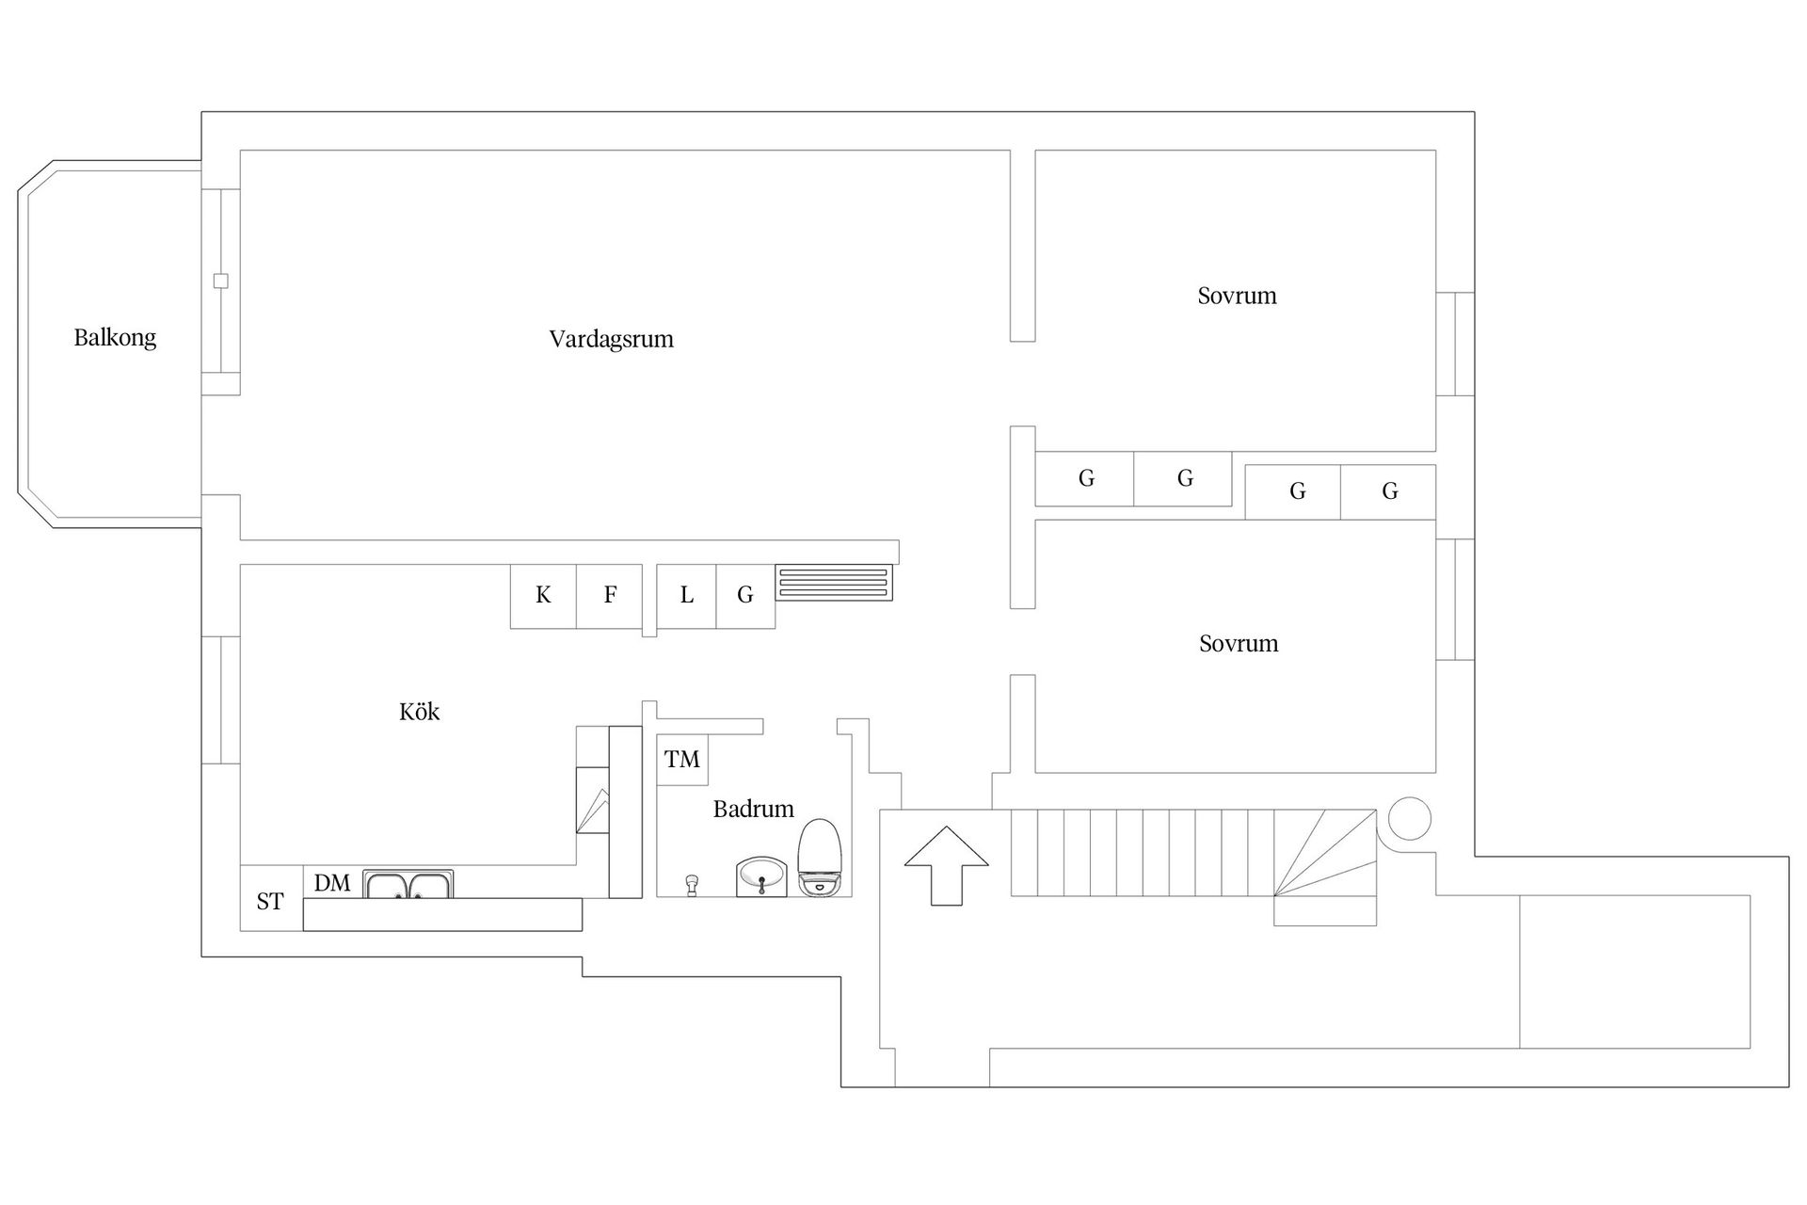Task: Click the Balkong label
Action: [115, 338]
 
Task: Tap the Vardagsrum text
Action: [612, 339]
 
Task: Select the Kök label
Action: [420, 711]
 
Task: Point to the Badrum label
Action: [753, 809]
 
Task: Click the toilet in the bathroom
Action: [819, 856]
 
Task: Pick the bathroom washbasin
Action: [760, 876]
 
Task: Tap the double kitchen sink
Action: [408, 884]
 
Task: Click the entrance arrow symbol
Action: [947, 866]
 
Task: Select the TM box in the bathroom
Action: [682, 760]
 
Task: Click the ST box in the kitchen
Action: [271, 898]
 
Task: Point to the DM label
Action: [332, 883]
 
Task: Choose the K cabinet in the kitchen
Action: [543, 596]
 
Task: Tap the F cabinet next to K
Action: [610, 596]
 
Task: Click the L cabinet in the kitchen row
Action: [687, 596]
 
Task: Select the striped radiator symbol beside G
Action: [834, 583]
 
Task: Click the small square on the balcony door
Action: [221, 281]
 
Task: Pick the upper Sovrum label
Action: [1237, 296]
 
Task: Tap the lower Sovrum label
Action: [1239, 644]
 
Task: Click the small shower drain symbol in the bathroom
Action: [693, 885]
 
